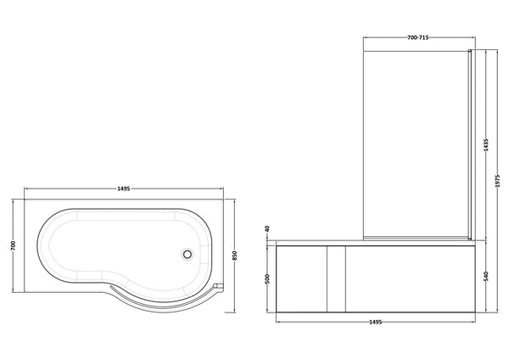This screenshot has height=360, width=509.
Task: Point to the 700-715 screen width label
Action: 417,38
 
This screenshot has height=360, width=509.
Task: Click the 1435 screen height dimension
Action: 486,145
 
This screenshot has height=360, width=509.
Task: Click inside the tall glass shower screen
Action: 417,144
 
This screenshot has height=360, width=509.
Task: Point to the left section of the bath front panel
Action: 301,277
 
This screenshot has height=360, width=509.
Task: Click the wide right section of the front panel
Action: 407,277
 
